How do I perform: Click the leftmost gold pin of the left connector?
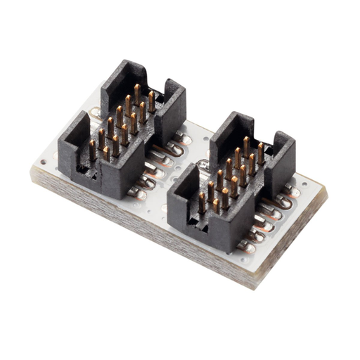[x=92, y=149]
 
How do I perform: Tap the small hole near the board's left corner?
[x=44, y=162]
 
